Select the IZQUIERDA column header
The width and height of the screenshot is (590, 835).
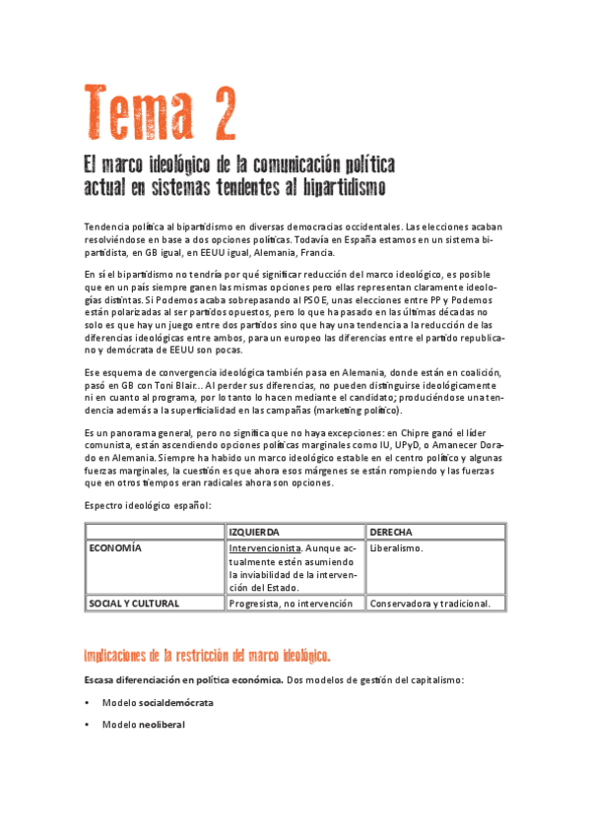pyautogui.click(x=253, y=532)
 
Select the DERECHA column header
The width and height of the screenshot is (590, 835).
pyautogui.click(x=391, y=532)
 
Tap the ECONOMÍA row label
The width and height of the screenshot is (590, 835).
pyautogui.click(x=116, y=547)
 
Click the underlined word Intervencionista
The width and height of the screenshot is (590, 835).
pyautogui.click(x=263, y=547)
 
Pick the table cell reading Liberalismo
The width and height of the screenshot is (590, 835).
pyautogui.click(x=396, y=547)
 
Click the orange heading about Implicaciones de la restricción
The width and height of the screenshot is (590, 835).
pyautogui.click(x=207, y=655)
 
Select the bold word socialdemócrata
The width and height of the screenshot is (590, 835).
pyautogui.click(x=175, y=703)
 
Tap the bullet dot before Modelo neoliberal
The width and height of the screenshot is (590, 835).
pyautogui.click(x=88, y=725)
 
